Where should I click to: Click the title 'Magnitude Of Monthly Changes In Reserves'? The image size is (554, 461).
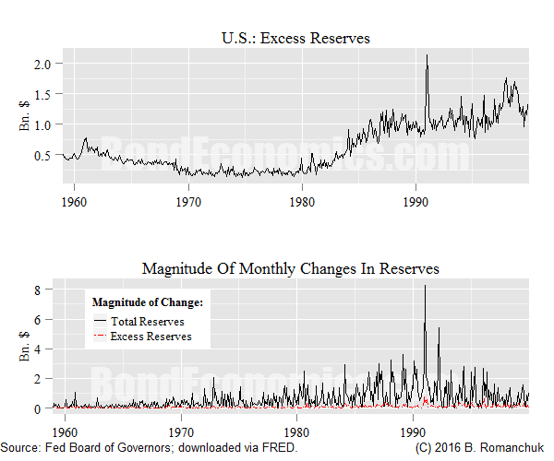pos(291,268)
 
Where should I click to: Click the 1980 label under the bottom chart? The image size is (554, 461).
pos(297,431)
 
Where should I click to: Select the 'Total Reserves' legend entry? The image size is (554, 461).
pos(147,322)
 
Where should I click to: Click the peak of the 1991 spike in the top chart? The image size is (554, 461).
pos(427,54)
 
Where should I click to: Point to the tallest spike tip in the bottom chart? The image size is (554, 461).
pos(425,286)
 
